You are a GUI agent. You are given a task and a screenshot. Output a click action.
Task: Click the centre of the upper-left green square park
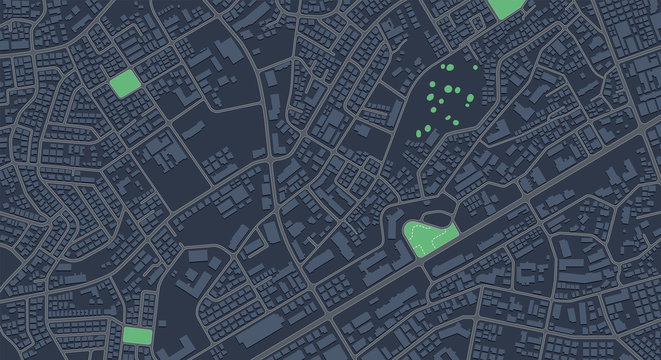click(x=124, y=82)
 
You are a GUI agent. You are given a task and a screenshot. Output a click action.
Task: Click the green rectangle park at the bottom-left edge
click(x=136, y=335)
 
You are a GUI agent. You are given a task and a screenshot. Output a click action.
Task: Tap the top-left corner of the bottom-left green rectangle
click(x=124, y=328)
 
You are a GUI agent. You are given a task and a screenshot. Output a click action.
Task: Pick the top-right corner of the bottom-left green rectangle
click(x=150, y=328)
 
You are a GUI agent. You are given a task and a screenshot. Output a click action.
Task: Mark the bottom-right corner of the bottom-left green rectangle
click(x=150, y=343)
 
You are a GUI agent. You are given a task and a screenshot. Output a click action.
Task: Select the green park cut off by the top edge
click(x=507, y=7)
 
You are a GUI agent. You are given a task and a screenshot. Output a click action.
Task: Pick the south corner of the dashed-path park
click(x=421, y=255)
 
